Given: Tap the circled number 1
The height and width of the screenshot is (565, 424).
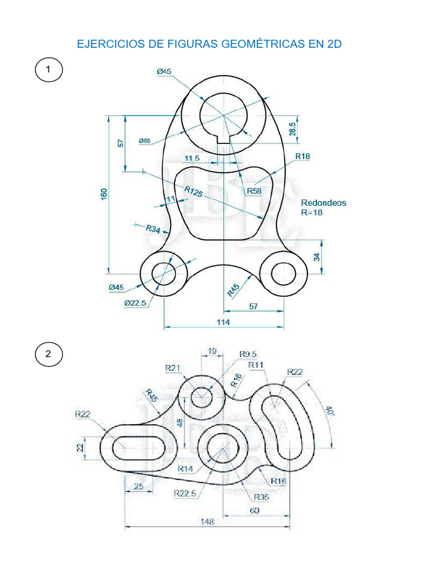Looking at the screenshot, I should (x=49, y=71).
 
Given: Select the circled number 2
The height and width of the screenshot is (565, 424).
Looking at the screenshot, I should (x=49, y=354).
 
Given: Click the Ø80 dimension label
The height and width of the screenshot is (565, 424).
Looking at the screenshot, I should (x=145, y=141).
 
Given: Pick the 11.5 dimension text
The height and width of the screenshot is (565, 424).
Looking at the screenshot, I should (x=192, y=159).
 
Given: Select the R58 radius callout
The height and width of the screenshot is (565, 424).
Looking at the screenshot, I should (x=254, y=191).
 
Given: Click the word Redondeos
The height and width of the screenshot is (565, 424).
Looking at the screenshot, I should (x=324, y=202).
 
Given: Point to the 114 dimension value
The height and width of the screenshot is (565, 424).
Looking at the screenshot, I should (x=224, y=322).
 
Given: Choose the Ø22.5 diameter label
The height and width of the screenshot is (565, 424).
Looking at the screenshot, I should (x=135, y=303).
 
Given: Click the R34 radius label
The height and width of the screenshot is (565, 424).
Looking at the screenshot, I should (x=153, y=228).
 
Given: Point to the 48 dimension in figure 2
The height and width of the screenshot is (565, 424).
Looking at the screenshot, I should (x=179, y=423).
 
